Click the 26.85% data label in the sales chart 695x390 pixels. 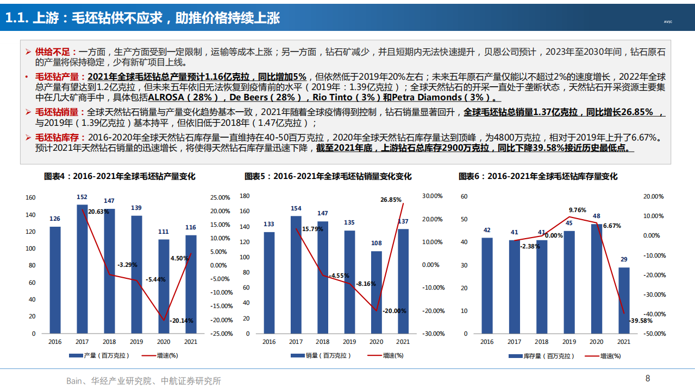click(x=391, y=200)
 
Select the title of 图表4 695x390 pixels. click(x=120, y=176)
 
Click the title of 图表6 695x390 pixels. click(x=538, y=176)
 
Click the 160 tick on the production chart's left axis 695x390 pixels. click(x=30, y=198)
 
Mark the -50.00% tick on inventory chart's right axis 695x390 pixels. click(x=653, y=334)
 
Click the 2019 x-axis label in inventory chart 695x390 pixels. click(x=569, y=342)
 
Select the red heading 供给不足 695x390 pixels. click(x=53, y=52)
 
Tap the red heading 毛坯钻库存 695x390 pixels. click(x=56, y=138)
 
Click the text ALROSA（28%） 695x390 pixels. click(x=178, y=98)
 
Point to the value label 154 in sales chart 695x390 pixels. click(x=296, y=208)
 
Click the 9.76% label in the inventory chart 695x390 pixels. click(x=578, y=210)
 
